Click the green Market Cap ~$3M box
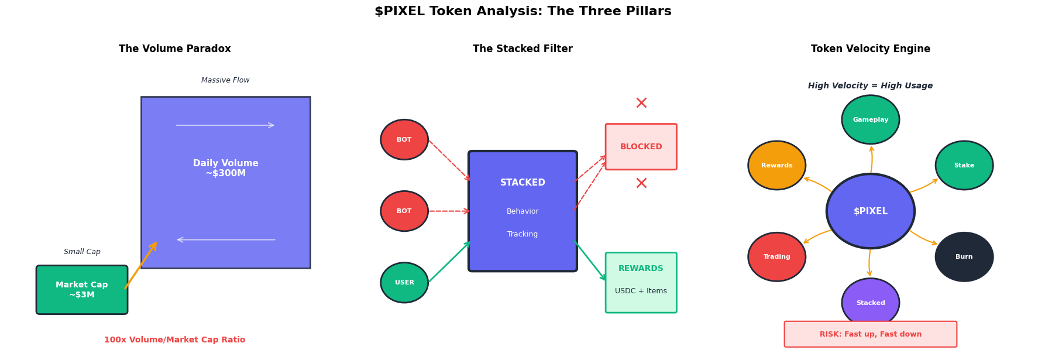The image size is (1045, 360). click(x=82, y=290)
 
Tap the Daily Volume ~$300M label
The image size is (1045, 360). click(x=226, y=169)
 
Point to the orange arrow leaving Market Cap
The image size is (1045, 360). click(x=141, y=265)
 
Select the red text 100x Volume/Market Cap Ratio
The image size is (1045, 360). click(x=174, y=340)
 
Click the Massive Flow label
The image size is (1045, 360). click(x=225, y=80)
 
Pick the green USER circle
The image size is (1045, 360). click(x=404, y=283)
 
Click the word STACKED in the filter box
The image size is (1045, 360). click(x=522, y=183)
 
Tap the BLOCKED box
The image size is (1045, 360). click(x=641, y=147)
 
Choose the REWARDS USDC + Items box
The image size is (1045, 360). click(x=641, y=283)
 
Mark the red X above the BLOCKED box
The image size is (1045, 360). click(x=641, y=104)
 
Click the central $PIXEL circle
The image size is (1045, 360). click(x=870, y=211)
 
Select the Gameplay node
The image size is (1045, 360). click(x=870, y=120)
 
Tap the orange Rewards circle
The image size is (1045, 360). click(x=776, y=166)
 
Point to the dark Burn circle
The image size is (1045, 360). click(x=964, y=257)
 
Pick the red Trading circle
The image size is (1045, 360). click(x=776, y=257)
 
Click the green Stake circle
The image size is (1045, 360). click(x=964, y=166)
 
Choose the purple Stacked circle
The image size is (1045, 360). click(x=870, y=303)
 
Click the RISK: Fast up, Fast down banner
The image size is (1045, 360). click(x=870, y=334)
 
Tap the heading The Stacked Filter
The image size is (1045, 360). click(x=522, y=49)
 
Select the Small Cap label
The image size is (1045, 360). click(x=82, y=252)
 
